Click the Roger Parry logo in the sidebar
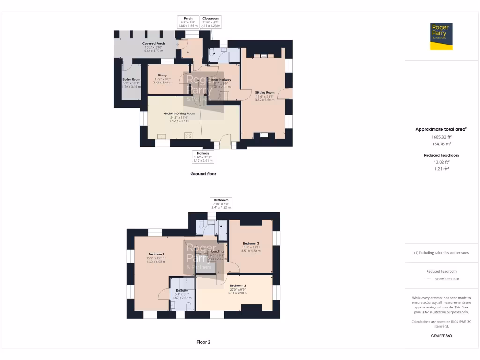coord(442,36)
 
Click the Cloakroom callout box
coord(210,22)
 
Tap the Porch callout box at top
coord(188,22)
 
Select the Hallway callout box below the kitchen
coord(203,157)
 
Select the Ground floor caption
coord(203,173)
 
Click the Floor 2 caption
coord(203,342)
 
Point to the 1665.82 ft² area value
coord(441,137)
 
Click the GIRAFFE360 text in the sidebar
coord(441,336)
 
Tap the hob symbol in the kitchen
coord(188,135)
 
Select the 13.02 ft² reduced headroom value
coord(441,162)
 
